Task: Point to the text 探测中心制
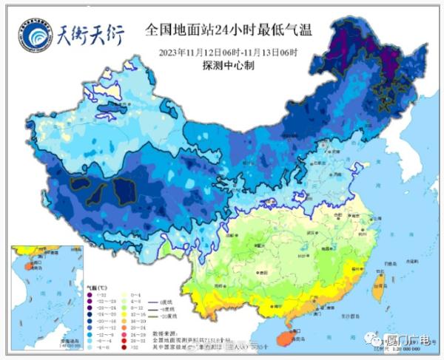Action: click(x=228, y=65)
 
